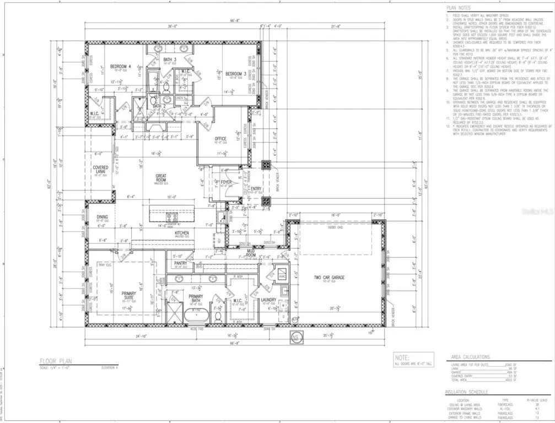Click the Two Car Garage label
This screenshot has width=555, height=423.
329,278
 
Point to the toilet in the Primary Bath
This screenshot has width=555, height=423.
218,316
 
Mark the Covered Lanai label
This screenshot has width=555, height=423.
100,170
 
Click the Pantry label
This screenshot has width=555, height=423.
181,263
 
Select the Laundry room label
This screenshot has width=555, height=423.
268,300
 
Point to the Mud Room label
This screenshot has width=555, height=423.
251,254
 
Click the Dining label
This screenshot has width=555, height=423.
103,217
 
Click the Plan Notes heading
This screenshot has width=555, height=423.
459,7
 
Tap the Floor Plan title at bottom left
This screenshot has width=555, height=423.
57,361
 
